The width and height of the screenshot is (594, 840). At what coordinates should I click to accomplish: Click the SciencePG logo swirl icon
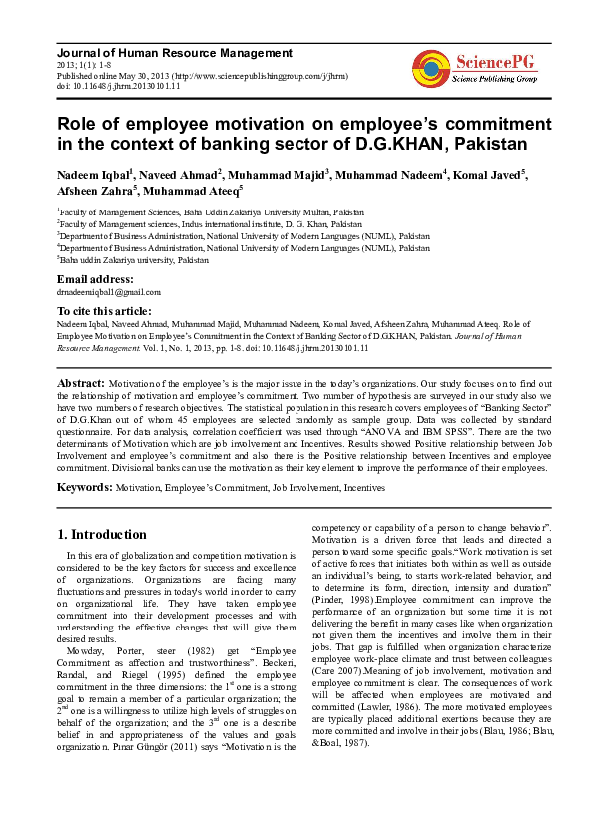click(430, 67)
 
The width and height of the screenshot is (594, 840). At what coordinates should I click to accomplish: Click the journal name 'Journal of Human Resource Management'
click(175, 53)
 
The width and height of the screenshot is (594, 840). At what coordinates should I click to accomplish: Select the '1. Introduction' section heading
click(102, 534)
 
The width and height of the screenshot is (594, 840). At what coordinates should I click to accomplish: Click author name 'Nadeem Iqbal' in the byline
click(94, 176)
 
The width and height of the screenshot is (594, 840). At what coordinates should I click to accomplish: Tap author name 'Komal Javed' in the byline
click(487, 176)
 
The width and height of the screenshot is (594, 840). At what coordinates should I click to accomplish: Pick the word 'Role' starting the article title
click(79, 124)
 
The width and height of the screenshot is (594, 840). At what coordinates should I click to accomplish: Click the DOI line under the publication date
click(119, 87)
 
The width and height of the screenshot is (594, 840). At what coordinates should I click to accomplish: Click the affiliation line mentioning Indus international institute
click(210, 223)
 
